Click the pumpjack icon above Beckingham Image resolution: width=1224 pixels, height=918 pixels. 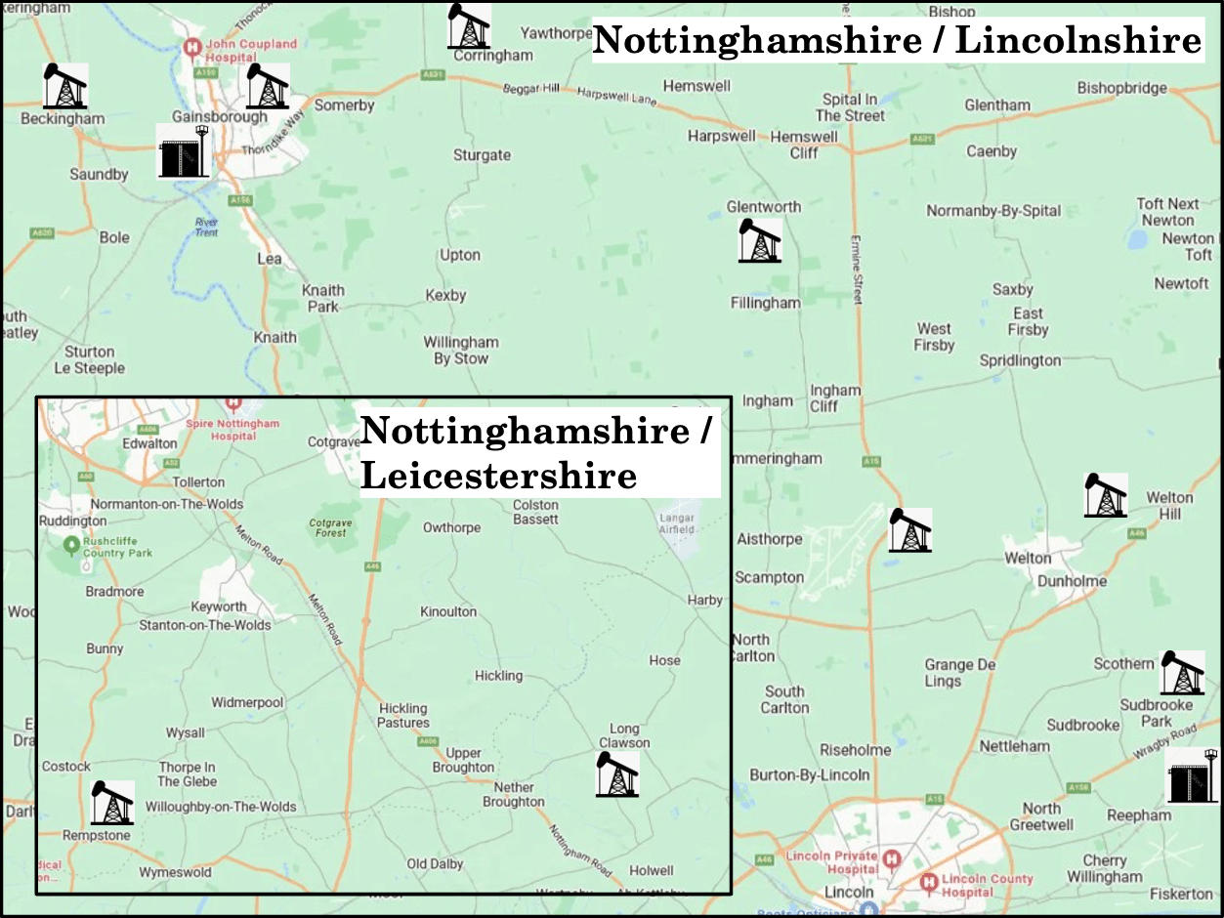65,86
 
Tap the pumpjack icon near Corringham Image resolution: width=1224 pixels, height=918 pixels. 469,26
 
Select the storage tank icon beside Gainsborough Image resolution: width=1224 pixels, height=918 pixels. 185,152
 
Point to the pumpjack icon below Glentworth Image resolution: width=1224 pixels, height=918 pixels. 759,239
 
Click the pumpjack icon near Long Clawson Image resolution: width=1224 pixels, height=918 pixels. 617,773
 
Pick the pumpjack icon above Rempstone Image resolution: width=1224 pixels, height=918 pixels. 112,802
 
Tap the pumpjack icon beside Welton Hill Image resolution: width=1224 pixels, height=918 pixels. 1106,495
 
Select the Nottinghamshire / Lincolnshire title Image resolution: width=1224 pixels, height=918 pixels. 897,41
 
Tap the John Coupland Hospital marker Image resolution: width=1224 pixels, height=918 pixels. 192,46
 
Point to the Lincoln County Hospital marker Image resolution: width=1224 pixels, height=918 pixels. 930,884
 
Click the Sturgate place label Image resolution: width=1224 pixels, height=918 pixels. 482,155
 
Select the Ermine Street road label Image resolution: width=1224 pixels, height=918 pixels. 857,269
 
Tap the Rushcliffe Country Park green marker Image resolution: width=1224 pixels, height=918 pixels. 71,543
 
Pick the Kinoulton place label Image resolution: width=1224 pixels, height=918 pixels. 448,612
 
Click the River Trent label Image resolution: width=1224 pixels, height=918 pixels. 206,227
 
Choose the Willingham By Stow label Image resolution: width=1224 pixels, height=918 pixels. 460,351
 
